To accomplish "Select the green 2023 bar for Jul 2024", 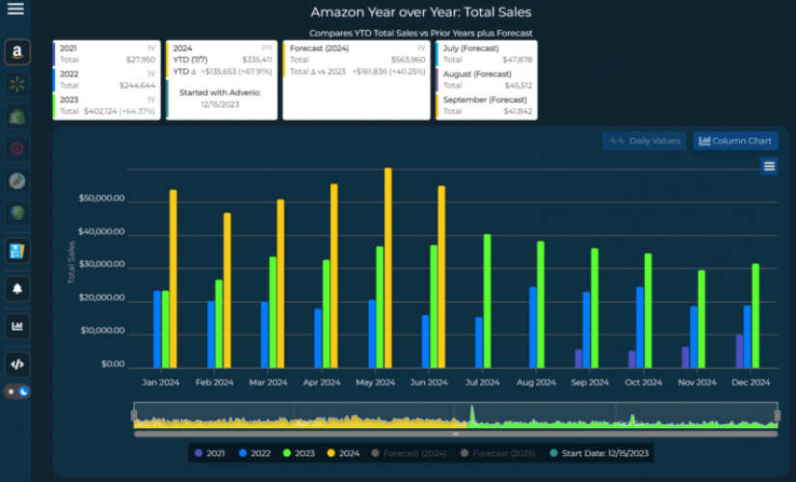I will click(488, 301).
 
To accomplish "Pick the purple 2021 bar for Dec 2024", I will click(739, 351).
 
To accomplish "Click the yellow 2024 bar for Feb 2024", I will click(227, 290).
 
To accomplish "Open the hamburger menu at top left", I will click(15, 10).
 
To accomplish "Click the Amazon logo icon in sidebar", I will click(16, 52).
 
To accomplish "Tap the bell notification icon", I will click(16, 288).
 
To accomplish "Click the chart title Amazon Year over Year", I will click(420, 13).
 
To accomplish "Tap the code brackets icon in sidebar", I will click(16, 363).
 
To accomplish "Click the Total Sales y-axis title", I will click(71, 262).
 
